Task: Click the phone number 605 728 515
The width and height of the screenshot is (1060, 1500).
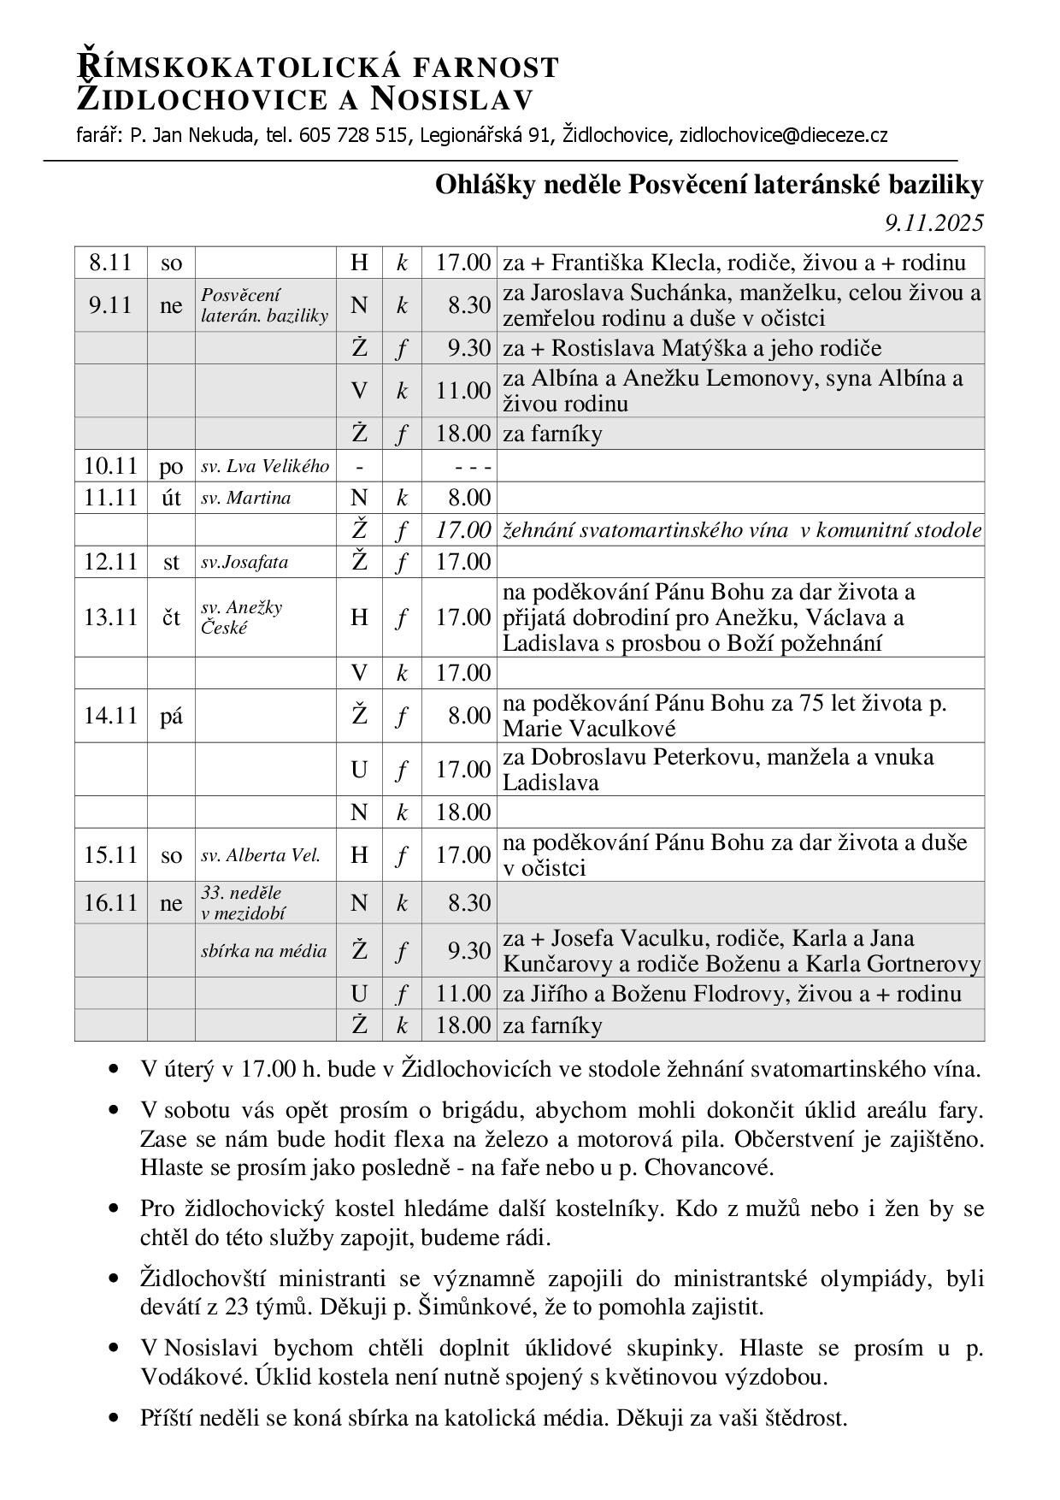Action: [353, 135]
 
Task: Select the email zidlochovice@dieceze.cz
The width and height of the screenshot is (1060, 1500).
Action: [783, 135]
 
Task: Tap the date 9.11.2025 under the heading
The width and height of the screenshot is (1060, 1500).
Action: [934, 223]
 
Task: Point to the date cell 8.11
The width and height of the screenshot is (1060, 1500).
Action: [110, 262]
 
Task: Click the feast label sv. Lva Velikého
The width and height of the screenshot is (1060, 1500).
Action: [265, 466]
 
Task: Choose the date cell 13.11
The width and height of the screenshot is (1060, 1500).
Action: [110, 617]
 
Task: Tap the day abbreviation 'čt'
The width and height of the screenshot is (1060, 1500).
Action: [171, 617]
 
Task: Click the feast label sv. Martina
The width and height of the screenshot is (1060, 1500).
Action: [246, 498]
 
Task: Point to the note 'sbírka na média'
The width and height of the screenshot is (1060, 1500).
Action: [264, 950]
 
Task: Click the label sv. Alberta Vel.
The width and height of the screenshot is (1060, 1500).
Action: [261, 855]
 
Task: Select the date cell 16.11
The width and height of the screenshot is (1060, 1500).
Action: [110, 903]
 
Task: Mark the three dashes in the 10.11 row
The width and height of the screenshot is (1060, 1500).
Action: [472, 467]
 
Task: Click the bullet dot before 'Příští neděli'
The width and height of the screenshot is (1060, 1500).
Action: [113, 1419]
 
